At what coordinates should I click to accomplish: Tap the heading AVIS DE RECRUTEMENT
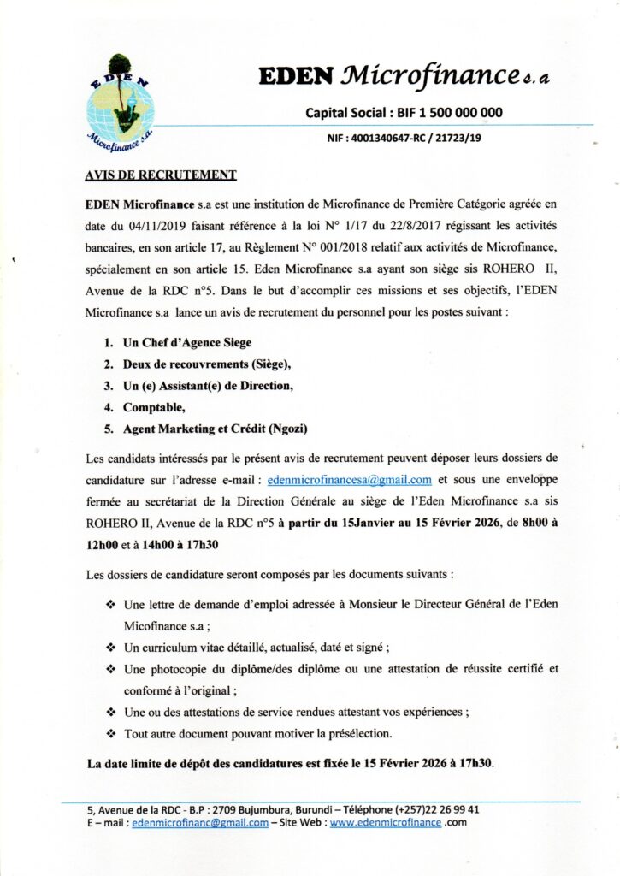click(161, 175)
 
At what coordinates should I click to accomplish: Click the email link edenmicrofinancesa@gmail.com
click(350, 479)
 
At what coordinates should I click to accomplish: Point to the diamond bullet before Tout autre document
click(110, 733)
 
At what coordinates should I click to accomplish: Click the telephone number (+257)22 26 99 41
click(437, 809)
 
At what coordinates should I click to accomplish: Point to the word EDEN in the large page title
click(295, 76)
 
